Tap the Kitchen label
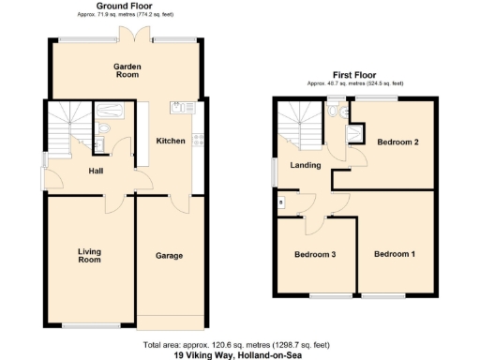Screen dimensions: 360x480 170,141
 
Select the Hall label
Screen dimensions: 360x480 96,171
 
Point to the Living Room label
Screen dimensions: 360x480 89,255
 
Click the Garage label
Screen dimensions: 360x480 169,255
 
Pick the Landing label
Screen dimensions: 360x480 306,165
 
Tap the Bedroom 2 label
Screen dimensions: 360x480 397,142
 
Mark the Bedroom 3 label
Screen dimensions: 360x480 315,254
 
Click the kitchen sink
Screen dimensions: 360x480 177,107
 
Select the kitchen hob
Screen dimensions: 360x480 198,140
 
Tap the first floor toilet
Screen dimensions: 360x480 335,112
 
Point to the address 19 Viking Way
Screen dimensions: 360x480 240,355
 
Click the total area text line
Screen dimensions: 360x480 240,345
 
